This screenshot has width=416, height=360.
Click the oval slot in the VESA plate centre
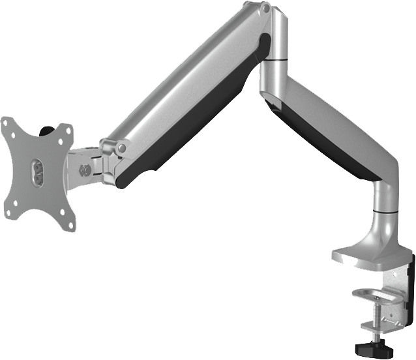pos(37,172)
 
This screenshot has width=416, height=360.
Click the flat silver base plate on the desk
pos(362,258)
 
